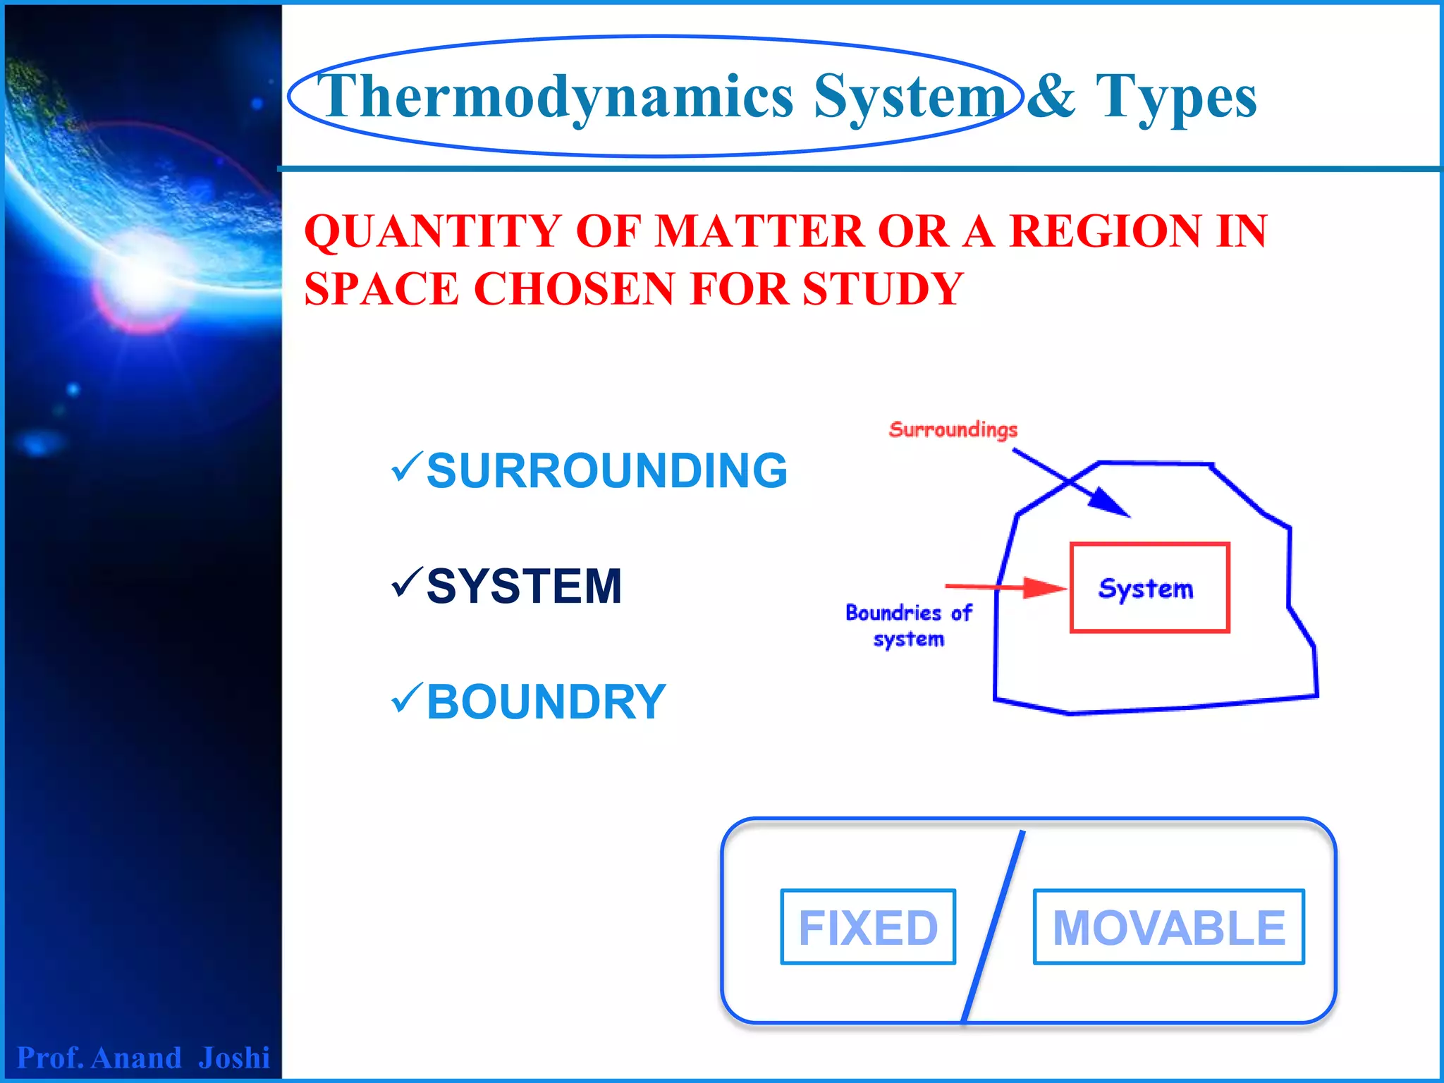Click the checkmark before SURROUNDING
tap(407, 467)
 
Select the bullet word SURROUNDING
tap(606, 471)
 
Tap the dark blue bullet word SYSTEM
tap(524, 587)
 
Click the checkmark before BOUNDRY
tap(407, 698)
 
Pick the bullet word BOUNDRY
tap(546, 702)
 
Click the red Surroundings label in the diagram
tap(953, 429)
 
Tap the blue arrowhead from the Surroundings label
tap(1110, 503)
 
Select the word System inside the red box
tap(1146, 589)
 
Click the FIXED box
tap(868, 927)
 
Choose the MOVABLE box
tap(1168, 927)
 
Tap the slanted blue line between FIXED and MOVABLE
tap(993, 927)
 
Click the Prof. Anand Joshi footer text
tap(143, 1058)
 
